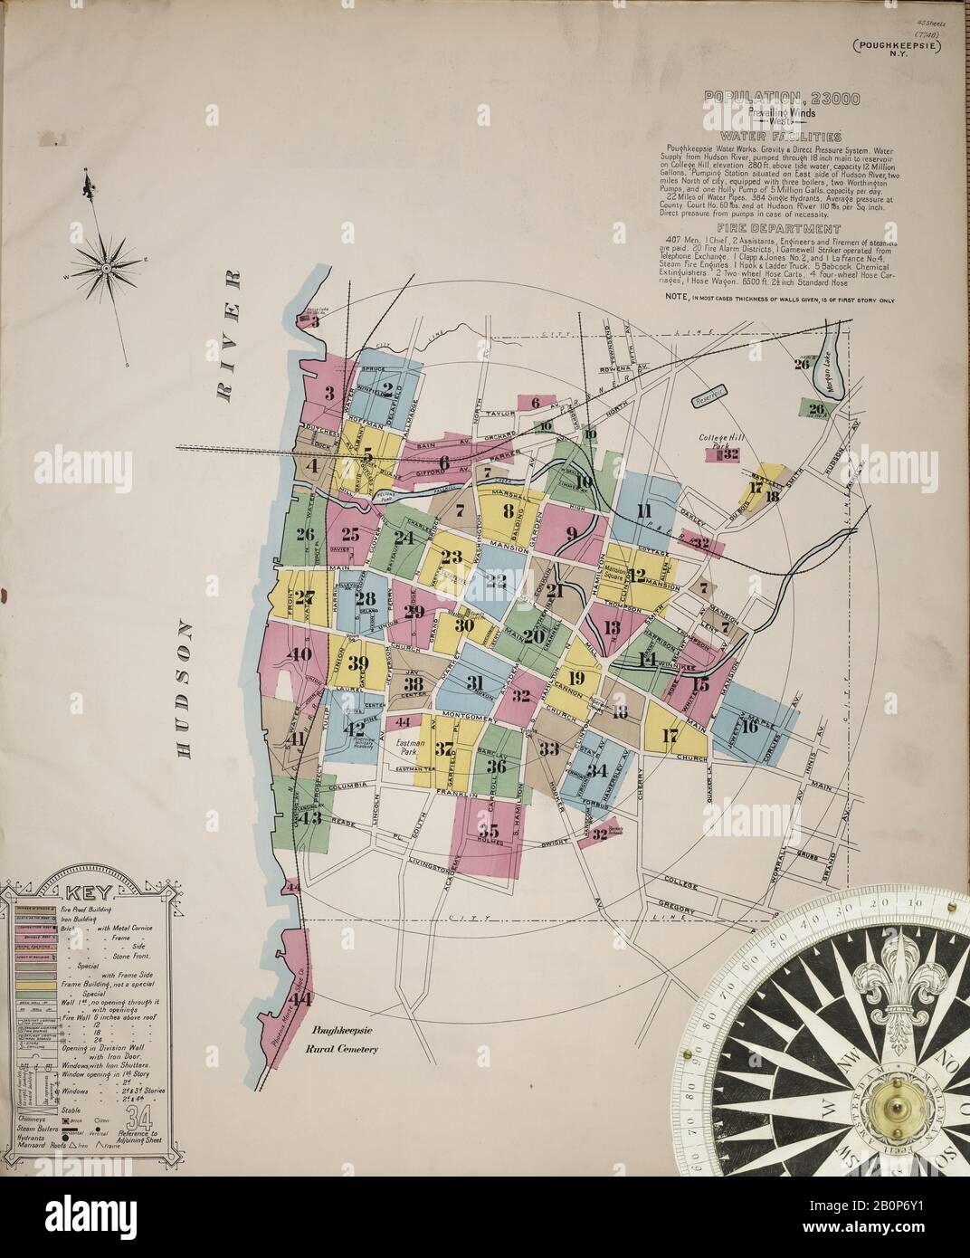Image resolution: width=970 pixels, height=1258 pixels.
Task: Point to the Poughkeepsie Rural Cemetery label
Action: click(x=345, y=1040)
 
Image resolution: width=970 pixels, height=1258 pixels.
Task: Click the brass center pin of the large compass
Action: click(x=898, y=1098)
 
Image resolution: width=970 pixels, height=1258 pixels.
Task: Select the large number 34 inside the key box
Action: click(x=140, y=1118)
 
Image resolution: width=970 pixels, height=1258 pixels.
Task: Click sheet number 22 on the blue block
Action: click(x=496, y=581)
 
